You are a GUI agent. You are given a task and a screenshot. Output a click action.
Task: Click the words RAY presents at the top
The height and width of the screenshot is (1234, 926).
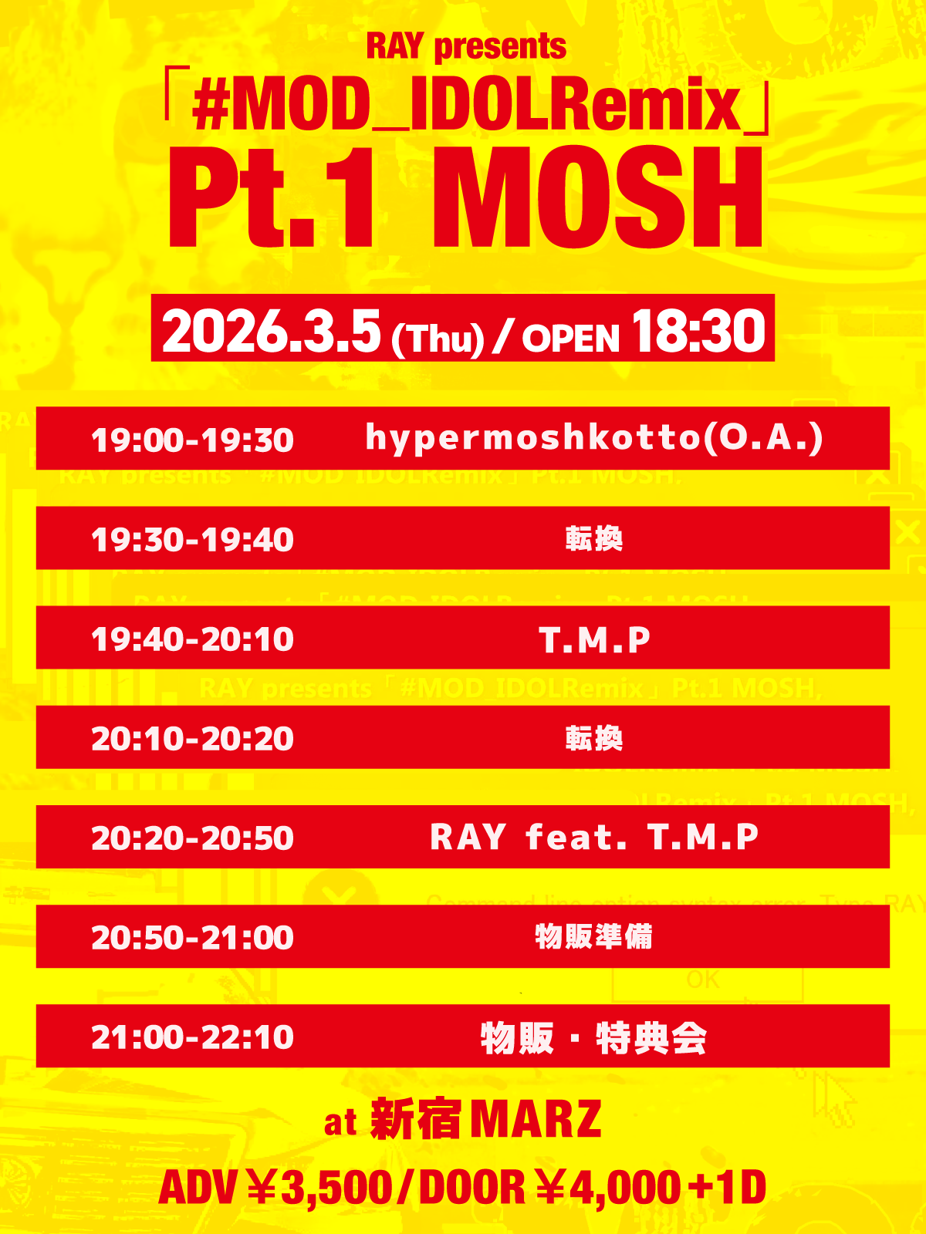pyautogui.click(x=466, y=46)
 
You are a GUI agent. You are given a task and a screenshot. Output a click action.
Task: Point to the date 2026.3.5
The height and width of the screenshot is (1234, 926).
pyautogui.click(x=271, y=331)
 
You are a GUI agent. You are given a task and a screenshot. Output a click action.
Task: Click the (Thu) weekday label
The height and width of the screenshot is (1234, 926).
pyautogui.click(x=438, y=339)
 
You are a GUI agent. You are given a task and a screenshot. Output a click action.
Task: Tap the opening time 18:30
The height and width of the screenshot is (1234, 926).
pyautogui.click(x=698, y=331)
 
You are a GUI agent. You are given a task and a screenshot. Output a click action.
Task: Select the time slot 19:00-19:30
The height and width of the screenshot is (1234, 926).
pyautogui.click(x=192, y=440)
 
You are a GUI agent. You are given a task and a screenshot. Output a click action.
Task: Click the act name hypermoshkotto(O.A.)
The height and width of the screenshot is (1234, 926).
pyautogui.click(x=594, y=437)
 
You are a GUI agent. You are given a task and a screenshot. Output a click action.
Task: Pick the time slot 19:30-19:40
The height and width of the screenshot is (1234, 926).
pyautogui.click(x=192, y=540)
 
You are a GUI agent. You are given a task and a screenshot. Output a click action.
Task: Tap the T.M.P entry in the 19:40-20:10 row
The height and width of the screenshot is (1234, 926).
pyautogui.click(x=594, y=639)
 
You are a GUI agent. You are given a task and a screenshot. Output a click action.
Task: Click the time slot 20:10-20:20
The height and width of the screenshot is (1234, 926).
pyautogui.click(x=192, y=739)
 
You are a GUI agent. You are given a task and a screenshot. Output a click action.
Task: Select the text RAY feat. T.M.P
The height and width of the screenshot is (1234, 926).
pyautogui.click(x=594, y=837)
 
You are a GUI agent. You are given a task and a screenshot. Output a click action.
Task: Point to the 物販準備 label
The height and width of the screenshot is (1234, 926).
pyautogui.click(x=593, y=937)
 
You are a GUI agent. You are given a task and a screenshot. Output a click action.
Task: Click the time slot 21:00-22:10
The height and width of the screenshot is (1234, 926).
pyautogui.click(x=192, y=1037)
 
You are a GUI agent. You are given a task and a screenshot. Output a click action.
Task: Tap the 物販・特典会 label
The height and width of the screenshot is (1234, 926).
pyautogui.click(x=593, y=1038)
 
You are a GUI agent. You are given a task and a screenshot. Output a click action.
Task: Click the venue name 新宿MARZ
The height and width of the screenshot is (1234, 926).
pyautogui.click(x=486, y=1119)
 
